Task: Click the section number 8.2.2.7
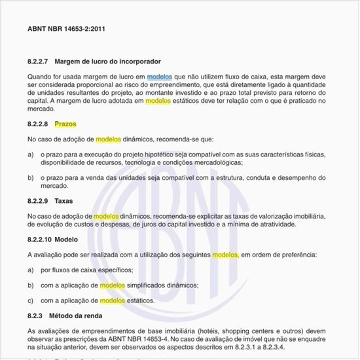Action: (x=38, y=62)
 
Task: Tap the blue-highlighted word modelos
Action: (x=160, y=77)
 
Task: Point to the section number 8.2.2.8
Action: (x=38, y=124)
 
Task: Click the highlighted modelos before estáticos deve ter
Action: (x=158, y=101)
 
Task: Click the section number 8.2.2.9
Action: (x=38, y=200)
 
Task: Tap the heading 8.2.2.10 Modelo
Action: (x=52, y=240)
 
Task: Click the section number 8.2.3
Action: (x=35, y=316)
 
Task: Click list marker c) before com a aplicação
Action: (x=31, y=300)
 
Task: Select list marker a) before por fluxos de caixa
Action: (x=31, y=270)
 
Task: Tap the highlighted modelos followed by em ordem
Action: (x=225, y=255)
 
